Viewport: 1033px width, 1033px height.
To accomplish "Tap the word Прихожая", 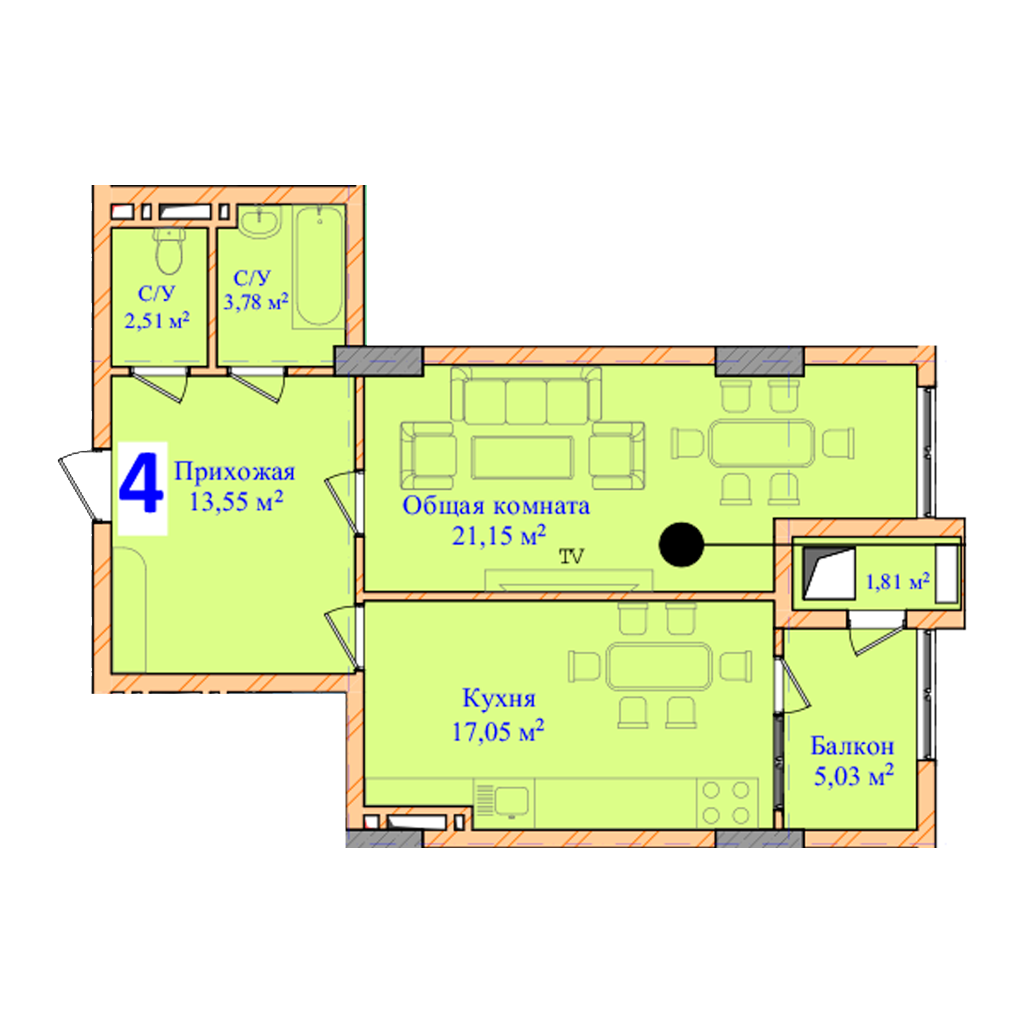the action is pos(234,472).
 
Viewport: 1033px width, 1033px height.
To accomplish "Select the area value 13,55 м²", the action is pos(236,501).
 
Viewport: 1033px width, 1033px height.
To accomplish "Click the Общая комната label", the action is pos(496,506).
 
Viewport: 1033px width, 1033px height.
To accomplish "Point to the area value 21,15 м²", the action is pos(499,535).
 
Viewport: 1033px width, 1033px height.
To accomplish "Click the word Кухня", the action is pos(499,699).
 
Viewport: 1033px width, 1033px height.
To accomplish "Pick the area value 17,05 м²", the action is pos(498,731).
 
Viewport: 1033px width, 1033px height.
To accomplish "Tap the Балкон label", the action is pos(852,746).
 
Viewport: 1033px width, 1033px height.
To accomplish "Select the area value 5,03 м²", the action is pos(854,776).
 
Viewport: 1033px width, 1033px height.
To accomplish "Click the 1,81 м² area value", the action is pos(898,581).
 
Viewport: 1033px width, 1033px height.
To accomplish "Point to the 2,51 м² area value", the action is pos(157,321).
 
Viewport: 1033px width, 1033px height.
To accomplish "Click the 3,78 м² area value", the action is pos(256,302).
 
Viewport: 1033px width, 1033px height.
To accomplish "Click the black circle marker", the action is pos(681,544).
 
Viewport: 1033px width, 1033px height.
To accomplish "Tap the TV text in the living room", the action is pos(572,557).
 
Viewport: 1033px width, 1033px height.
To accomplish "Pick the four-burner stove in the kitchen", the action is pos(726,803).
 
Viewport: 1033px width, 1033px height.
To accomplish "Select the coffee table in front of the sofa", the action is pos(522,457).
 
